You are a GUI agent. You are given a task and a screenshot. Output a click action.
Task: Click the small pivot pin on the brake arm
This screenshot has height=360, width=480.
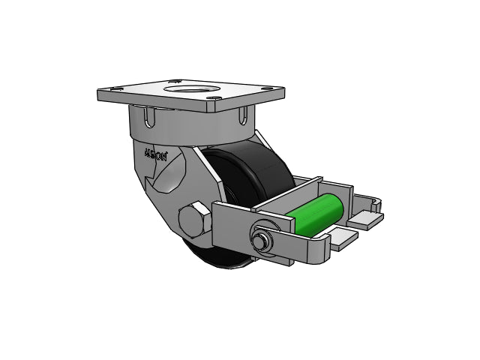[262, 240]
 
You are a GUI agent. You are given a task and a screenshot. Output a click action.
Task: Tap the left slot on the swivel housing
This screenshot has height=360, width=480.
[148, 118]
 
